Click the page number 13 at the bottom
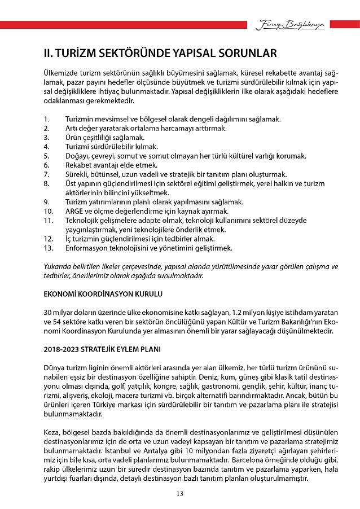click(x=180, y=494)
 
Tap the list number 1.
click(x=46, y=119)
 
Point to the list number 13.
click(x=48, y=248)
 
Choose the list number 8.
click(x=46, y=183)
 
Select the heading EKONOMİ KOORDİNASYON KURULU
click(x=103, y=295)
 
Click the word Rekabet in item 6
click(x=79, y=165)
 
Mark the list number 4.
click(x=46, y=147)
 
